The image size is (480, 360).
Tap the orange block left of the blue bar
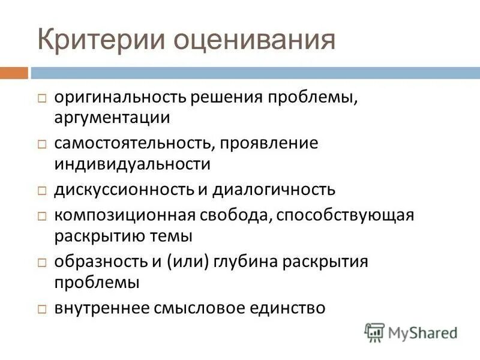pyautogui.click(x=13, y=73)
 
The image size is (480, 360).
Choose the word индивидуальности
pyautogui.click(x=133, y=163)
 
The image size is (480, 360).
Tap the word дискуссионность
pyautogui.click(x=123, y=190)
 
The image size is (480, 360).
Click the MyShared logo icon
pyautogui.click(x=375, y=332)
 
